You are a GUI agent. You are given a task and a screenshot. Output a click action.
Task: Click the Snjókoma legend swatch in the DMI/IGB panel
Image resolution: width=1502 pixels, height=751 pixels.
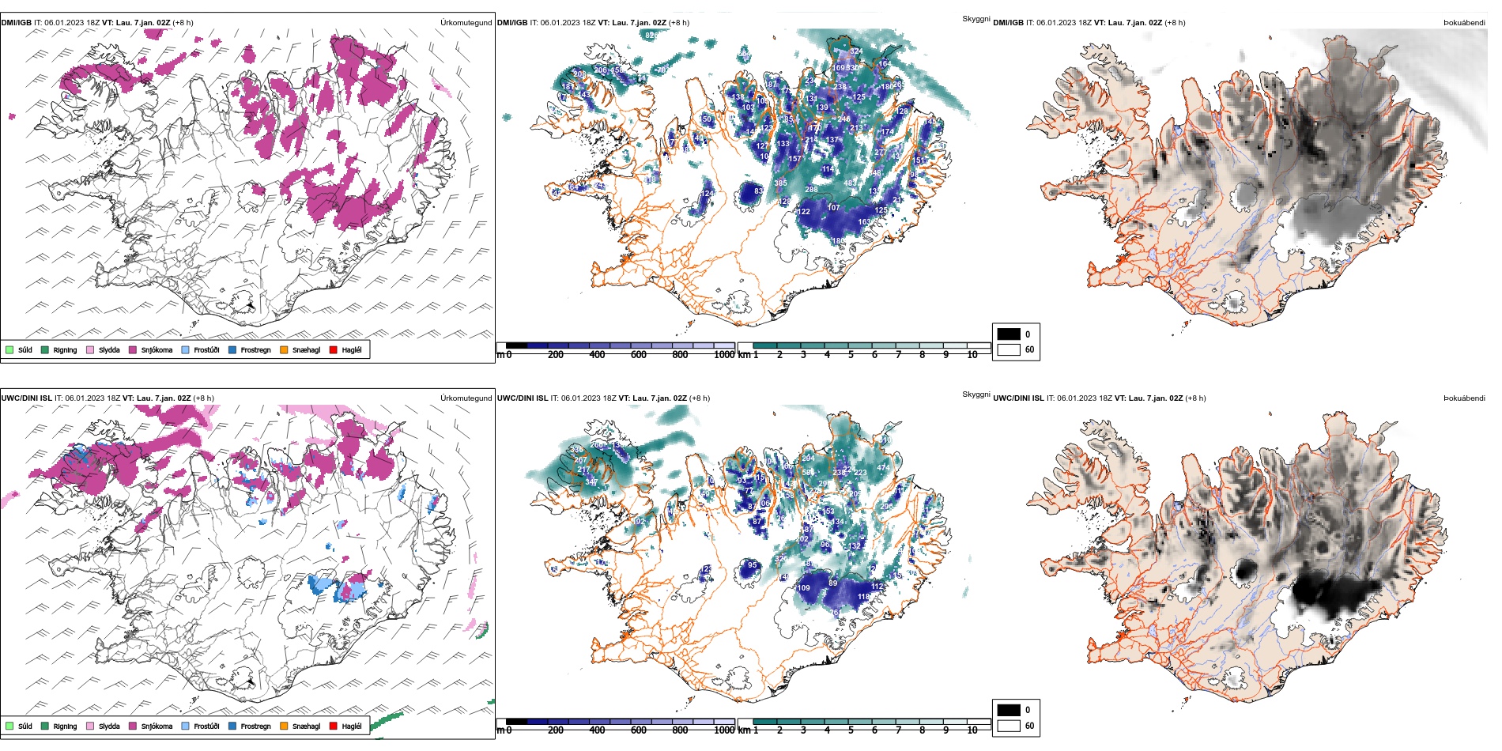pos(133,349)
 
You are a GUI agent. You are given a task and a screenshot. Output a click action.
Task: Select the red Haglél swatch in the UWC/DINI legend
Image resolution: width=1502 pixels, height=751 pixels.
pos(333,726)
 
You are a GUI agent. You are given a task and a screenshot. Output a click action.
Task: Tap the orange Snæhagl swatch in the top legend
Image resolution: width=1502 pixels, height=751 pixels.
pos(284,349)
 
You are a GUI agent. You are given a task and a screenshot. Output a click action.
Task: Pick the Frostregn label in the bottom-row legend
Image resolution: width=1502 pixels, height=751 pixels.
pos(255,726)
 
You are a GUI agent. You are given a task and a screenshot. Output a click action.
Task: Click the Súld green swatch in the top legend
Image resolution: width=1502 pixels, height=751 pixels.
pos(9,349)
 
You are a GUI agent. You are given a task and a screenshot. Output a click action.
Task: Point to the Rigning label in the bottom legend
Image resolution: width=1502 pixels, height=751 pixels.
pos(65,726)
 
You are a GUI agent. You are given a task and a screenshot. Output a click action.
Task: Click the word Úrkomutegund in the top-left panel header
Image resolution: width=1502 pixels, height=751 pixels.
pos(466,23)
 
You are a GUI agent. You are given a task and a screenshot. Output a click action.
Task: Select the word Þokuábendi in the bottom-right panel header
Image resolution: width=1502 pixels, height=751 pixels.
pos(1464,398)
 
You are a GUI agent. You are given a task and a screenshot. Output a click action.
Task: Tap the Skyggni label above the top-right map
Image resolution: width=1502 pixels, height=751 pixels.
pos(976,19)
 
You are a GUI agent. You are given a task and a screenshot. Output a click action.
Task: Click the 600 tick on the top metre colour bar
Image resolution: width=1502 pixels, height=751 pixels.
pos(638,355)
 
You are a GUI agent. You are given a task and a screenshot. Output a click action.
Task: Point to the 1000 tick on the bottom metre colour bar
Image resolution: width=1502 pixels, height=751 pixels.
pos(723,730)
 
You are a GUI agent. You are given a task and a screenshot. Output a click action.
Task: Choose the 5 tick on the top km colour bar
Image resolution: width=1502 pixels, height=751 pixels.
pos(851,355)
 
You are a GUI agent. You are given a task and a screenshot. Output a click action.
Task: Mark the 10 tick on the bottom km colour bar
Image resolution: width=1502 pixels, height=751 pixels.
pos(972,730)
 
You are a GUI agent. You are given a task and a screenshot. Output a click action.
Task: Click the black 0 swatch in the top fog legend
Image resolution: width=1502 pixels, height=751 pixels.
pos(1009,334)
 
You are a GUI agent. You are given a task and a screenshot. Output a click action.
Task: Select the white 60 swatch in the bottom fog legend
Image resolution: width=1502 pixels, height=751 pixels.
pos(1009,725)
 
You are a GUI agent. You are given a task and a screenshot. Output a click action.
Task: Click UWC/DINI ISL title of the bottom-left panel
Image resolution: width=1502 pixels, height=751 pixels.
pos(26,398)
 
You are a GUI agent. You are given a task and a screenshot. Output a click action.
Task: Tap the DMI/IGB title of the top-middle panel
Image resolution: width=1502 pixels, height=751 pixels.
pos(512,23)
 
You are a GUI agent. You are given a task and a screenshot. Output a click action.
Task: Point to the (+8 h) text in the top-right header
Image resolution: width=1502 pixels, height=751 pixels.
pos(1175,23)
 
